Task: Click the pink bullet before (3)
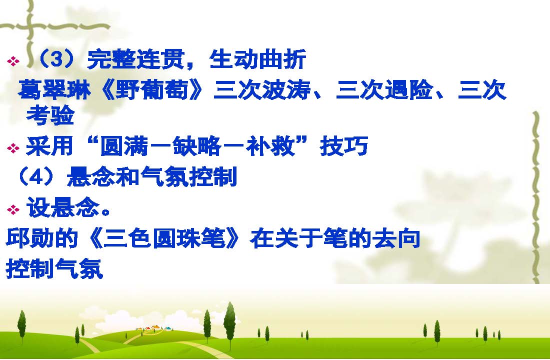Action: click(x=13, y=61)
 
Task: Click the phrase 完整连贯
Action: click(x=135, y=59)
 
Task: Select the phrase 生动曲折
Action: click(x=258, y=59)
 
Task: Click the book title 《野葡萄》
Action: click(x=151, y=89)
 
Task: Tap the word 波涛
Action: click(x=286, y=89)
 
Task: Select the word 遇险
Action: click(x=409, y=89)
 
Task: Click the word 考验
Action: click(x=50, y=115)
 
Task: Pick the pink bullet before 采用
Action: click(x=13, y=148)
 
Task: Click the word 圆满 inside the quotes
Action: click(x=124, y=146)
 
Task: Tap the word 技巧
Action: click(x=344, y=146)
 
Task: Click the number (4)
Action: click(x=36, y=176)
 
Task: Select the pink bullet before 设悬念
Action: click(x=13, y=210)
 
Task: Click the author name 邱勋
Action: click(x=30, y=238)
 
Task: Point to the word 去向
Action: click(x=396, y=238)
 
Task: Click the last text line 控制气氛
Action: click(x=54, y=269)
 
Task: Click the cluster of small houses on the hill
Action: click(x=154, y=328)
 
